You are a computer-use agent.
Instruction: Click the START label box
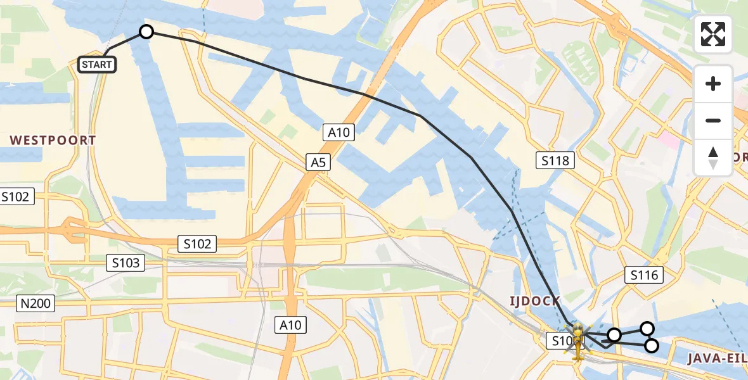coord(97,64)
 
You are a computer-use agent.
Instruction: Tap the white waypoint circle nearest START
coord(146,32)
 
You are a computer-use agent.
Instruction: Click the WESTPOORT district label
coord(53,140)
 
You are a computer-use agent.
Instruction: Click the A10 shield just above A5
coord(339,132)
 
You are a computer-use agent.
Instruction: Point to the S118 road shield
coord(555,161)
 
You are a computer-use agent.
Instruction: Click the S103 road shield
coord(126,263)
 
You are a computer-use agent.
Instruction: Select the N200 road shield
coord(35,304)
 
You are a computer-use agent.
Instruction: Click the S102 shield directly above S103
coord(198,243)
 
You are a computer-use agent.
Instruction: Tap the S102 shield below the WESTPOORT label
coord(16,196)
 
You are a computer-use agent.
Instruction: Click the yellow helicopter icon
coord(577,339)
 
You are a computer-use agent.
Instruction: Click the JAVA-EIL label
coord(717,359)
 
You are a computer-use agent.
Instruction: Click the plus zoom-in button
coord(713,83)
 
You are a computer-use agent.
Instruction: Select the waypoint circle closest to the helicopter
coord(614,334)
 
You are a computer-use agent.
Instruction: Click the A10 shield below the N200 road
coord(291,326)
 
